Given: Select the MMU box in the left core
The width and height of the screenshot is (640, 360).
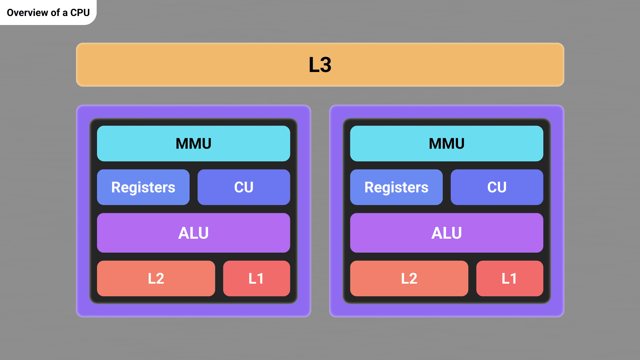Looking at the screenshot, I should (x=193, y=144).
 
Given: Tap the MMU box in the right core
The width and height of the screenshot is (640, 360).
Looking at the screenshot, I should (x=447, y=144).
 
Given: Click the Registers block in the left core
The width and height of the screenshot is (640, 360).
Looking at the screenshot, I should (x=143, y=187).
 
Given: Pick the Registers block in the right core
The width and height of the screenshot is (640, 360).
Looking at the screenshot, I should (x=396, y=187).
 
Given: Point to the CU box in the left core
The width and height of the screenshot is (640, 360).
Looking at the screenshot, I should (x=244, y=187).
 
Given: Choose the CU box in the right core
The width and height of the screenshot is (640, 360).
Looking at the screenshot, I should (x=497, y=187).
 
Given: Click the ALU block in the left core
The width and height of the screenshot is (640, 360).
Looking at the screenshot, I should (x=193, y=233).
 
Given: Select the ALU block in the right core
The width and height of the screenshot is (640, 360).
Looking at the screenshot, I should (x=447, y=233).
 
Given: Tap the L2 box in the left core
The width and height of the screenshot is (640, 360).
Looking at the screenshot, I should (x=156, y=279).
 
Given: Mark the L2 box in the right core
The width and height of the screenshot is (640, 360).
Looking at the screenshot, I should (x=409, y=279).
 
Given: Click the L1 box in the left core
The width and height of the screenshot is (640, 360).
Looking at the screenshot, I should (x=256, y=279).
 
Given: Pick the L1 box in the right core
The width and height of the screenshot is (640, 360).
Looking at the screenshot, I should (x=509, y=279).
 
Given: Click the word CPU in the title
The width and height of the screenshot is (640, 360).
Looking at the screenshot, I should (x=80, y=13).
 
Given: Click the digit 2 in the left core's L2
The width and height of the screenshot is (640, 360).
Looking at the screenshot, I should (x=160, y=279).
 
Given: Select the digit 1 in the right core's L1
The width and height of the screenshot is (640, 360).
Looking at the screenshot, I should (x=514, y=279).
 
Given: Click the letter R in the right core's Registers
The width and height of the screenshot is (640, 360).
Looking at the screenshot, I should (x=369, y=187).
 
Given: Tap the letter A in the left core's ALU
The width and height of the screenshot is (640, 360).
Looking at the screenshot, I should (x=184, y=233).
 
